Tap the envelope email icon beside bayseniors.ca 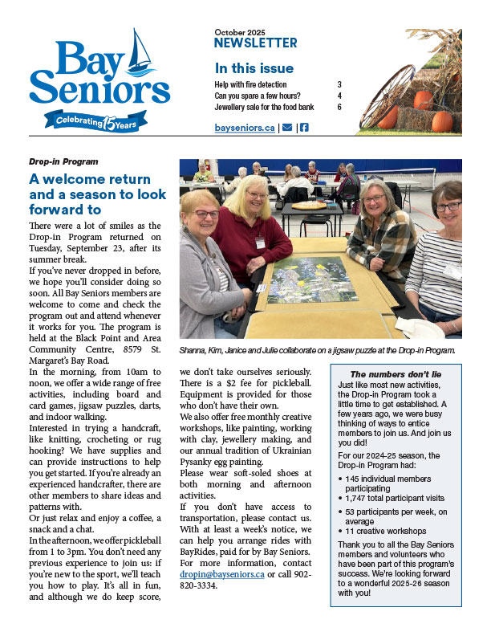click(286, 128)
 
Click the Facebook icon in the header click(304, 128)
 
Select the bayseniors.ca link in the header click(245, 128)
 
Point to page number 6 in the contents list click(339, 107)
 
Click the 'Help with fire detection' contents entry click(250, 84)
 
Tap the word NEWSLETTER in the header click(256, 43)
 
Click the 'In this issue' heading click(254, 68)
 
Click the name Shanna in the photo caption click(193, 350)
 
